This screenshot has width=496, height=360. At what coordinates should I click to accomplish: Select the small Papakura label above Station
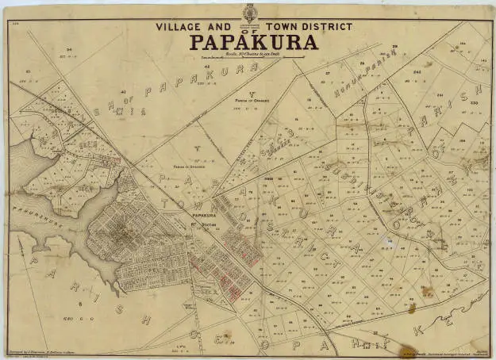[204, 215]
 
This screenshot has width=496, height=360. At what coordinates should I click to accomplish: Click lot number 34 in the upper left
[70, 50]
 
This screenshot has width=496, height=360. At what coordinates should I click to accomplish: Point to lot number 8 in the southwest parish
[80, 304]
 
